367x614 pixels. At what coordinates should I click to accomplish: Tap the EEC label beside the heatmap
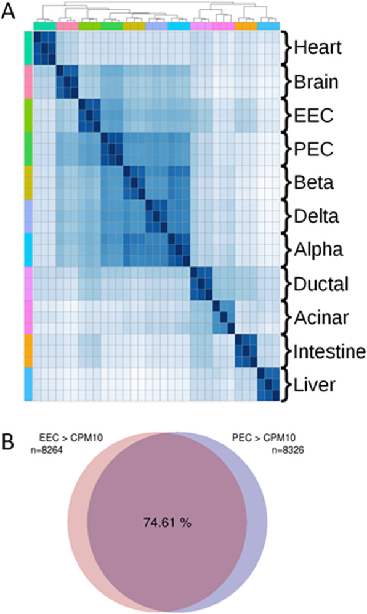(310, 116)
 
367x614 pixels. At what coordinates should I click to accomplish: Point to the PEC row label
(310, 150)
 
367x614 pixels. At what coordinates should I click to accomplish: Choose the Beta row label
(312, 183)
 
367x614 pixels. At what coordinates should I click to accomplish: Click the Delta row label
(315, 217)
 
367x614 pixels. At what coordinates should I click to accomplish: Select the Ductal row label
(318, 284)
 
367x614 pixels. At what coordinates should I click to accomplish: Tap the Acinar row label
(318, 318)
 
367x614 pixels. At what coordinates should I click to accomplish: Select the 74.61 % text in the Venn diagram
(168, 523)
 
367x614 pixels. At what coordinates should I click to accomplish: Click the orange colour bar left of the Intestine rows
(28, 351)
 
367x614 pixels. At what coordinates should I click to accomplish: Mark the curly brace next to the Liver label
(284, 385)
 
